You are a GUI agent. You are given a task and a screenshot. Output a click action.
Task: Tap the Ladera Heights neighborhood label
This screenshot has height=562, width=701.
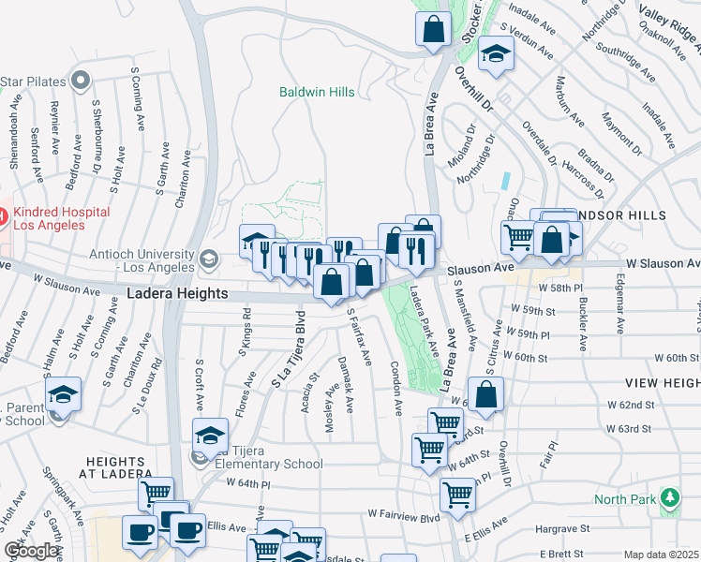(x=177, y=294)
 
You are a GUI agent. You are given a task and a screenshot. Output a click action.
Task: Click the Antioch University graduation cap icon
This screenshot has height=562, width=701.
(x=208, y=257)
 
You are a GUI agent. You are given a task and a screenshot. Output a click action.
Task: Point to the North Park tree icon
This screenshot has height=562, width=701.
(x=668, y=496)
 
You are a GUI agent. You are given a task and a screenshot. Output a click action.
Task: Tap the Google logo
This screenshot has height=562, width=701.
(x=31, y=551)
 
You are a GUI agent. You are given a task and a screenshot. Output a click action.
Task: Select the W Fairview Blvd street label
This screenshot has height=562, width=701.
(x=404, y=515)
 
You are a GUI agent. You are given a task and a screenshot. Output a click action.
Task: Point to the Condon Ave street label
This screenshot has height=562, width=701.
(x=395, y=389)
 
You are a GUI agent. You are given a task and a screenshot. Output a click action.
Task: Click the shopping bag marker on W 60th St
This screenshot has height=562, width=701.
(x=486, y=394)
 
